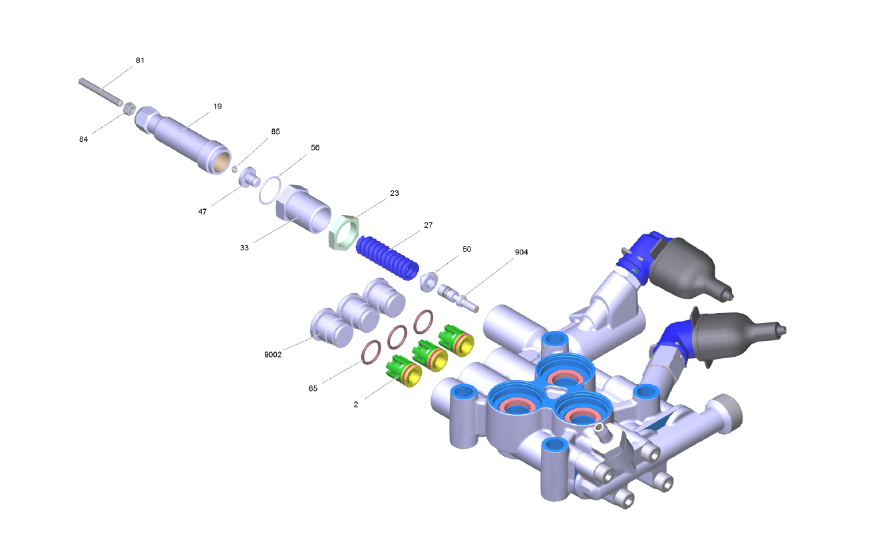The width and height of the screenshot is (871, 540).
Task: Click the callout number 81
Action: [140, 61]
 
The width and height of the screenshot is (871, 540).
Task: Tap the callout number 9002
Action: [273, 354]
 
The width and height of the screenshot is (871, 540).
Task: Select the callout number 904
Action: [522, 252]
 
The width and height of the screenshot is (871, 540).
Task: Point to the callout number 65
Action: [313, 388]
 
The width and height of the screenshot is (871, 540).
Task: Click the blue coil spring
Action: [388, 257]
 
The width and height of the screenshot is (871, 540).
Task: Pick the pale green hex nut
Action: [344, 232]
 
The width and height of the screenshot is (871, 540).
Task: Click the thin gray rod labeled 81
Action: [100, 92]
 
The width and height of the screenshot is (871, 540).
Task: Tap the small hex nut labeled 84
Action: [130, 108]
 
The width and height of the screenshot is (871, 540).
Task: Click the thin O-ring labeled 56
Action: [270, 190]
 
